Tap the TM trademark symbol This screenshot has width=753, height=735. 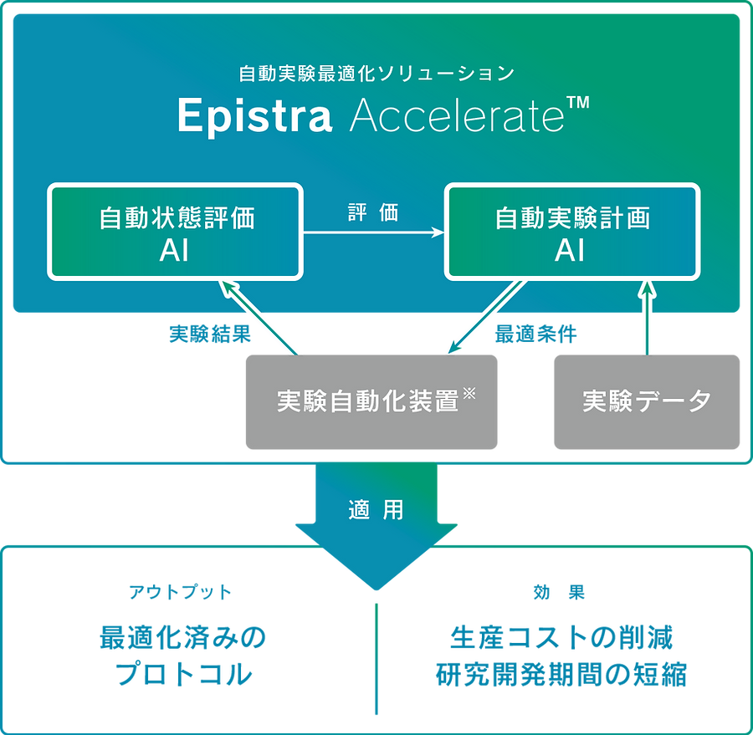coord(578,105)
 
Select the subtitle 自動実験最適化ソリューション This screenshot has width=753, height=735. coord(376,74)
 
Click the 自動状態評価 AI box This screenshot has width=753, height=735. coord(176,232)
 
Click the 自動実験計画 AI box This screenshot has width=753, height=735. coord(572,232)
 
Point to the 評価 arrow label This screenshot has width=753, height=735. coord(373,212)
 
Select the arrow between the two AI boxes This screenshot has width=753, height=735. coord(373,233)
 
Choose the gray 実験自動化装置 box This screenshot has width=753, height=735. coord(371,402)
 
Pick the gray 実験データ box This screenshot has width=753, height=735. coord(647,402)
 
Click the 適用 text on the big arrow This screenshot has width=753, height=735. coord(376,509)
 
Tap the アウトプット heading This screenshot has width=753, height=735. coord(180,593)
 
